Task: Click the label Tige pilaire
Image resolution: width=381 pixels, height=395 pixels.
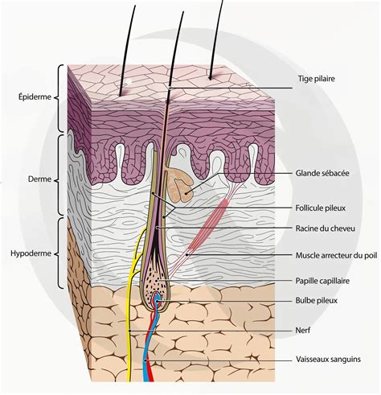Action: click(x=317, y=79)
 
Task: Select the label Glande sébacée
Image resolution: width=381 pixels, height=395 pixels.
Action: click(x=322, y=173)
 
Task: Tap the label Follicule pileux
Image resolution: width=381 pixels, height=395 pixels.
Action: click(x=321, y=208)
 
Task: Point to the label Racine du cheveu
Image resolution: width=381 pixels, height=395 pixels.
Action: click(x=326, y=228)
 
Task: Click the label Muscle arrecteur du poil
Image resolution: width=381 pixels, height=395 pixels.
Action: click(x=336, y=255)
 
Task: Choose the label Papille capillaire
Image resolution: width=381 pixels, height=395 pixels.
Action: click(x=322, y=281)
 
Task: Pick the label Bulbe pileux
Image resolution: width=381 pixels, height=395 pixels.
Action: click(x=316, y=301)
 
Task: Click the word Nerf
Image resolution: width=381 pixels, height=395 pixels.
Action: click(x=303, y=330)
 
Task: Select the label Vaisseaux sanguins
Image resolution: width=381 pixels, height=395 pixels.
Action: click(x=328, y=359)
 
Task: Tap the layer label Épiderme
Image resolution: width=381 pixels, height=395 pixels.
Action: click(x=35, y=97)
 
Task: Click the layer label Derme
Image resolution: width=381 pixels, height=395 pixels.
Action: click(x=39, y=179)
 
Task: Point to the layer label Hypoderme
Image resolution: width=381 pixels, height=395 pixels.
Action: click(x=31, y=253)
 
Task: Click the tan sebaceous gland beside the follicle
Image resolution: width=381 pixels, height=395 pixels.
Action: click(x=180, y=184)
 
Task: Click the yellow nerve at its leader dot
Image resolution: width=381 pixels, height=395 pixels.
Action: click(x=129, y=331)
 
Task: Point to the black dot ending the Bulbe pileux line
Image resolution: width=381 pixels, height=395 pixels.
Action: click(x=158, y=301)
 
